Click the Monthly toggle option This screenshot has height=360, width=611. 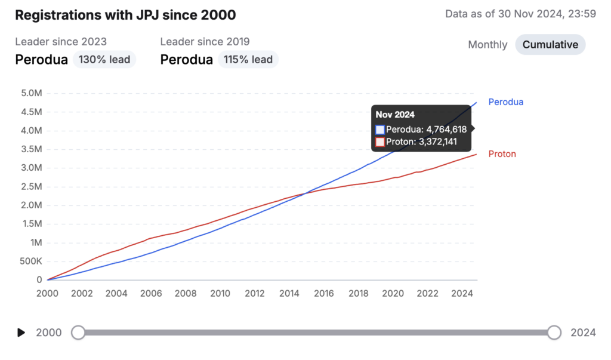pos(487,45)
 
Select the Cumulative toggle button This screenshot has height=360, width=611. pos(550,45)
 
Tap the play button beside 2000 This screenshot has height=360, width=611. pos(21,333)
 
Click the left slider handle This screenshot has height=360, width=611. pos(78,333)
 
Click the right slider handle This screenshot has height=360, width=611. pos(554,333)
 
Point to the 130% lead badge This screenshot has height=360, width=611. pos(104,60)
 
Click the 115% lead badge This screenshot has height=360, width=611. pos(248,60)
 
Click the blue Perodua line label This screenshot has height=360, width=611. pos(505,102)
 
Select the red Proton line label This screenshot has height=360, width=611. pos(502,154)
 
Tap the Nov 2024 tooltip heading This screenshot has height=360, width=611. pos(395,115)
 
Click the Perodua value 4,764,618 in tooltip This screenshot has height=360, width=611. pos(426,129)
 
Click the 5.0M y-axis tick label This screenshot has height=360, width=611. pos(31,93)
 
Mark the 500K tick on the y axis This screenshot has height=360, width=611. pos(31,261)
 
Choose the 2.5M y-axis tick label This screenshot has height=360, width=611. pos(31,187)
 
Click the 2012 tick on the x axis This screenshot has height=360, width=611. pos(255,293)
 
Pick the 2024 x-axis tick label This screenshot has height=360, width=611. pos(462,293)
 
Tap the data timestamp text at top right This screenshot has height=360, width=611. pos(520,14)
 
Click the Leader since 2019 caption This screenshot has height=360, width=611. pos(205,42)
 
